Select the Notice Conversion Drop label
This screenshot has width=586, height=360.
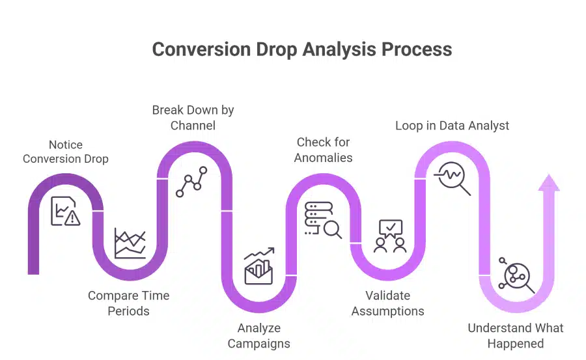[66, 152]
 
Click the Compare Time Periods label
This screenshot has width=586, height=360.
[128, 303]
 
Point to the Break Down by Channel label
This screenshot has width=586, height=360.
[193, 117]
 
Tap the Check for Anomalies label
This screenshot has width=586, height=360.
[323, 150]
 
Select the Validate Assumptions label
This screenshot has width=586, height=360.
[387, 303]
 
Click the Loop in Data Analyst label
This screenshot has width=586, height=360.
[452, 125]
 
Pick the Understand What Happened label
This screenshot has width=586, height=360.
[516, 335]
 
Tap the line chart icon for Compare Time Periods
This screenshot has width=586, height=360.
[130, 243]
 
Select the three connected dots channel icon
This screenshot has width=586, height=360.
[192, 182]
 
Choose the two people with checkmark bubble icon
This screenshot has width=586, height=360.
[389, 236]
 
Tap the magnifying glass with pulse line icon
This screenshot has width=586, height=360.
[454, 178]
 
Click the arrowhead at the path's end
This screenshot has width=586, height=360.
[548, 183]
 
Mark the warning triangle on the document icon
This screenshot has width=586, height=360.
[72, 218]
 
